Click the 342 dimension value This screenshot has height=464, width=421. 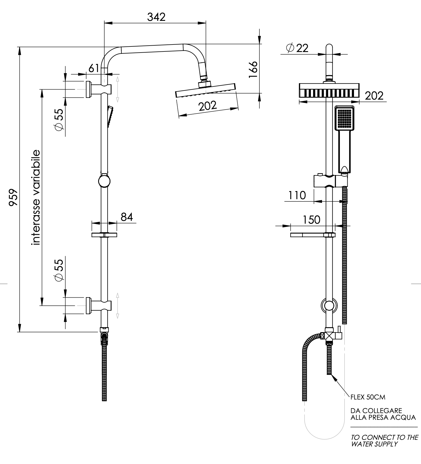pos(156,17)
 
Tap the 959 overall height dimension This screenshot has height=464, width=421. pos(13,197)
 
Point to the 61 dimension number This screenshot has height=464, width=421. pos(94,68)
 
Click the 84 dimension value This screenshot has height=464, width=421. pos(127,217)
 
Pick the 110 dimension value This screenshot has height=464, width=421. pos(297,195)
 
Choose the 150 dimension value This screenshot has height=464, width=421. pos(311,220)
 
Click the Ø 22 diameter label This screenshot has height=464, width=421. pos(297,48)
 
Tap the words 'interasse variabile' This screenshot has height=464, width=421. pos(36,198)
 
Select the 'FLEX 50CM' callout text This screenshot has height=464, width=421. pos(368,397)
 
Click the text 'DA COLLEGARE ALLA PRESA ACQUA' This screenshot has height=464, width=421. pos(383,414)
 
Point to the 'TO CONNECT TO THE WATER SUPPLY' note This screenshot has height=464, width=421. pos(384,441)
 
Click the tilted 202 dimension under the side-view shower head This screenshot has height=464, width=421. pos(208,106)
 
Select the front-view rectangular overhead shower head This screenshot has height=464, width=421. pos(329,90)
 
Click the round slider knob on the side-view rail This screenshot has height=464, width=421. pos(104,181)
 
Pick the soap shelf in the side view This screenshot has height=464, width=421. pos(104,235)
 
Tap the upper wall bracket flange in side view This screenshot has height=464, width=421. pos(88,89)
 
